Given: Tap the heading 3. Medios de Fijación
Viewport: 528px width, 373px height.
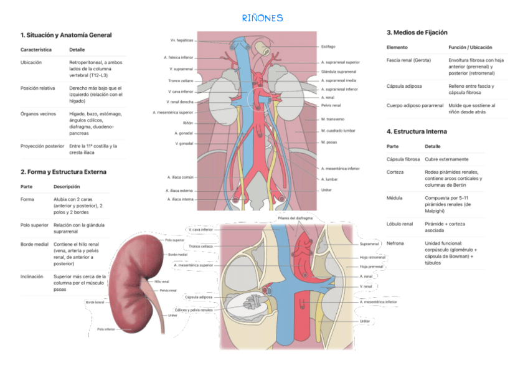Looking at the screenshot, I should tap(417, 32).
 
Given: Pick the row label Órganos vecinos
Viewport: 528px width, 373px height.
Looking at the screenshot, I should tap(38, 114).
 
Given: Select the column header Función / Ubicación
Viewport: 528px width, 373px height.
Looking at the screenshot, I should tap(470, 47).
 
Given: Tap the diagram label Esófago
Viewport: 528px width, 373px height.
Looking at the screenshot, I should tap(328, 47).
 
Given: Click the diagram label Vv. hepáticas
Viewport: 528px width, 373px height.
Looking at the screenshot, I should tap(181, 40).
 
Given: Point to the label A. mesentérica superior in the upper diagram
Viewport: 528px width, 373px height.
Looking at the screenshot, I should tap(172, 113).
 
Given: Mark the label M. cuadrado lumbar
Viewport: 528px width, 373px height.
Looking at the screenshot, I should tap(338, 131).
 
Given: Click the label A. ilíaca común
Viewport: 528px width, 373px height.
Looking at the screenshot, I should tap(180, 177).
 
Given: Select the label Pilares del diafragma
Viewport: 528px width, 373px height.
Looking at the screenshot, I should tap(296, 219).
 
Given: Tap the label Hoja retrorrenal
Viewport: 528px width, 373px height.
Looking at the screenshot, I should tap(372, 257).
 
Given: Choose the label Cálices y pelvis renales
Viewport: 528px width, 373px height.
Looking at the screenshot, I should tap(194, 309).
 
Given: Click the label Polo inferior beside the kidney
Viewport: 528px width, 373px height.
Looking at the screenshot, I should tap(106, 329).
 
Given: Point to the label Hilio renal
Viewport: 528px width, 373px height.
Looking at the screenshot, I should tap(162, 281).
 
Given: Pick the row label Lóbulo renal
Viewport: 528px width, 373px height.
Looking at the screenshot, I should tap(399, 224).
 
